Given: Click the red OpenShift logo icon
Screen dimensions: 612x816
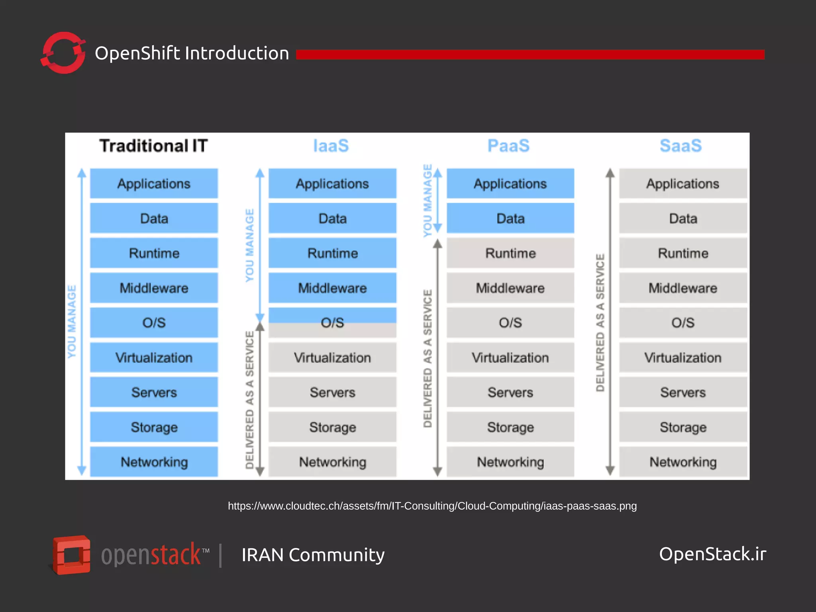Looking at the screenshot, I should (63, 53).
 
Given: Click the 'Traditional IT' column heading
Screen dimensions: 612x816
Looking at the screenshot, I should (153, 146).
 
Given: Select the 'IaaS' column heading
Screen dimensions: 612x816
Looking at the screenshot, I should (331, 146).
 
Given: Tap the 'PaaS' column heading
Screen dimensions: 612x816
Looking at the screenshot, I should (508, 146).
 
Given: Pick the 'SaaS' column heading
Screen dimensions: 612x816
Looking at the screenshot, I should (681, 146).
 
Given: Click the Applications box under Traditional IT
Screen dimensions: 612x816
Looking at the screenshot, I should (154, 184).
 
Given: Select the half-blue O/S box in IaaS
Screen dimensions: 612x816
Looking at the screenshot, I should (332, 323).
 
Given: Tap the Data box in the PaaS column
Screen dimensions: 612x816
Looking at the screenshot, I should (510, 218).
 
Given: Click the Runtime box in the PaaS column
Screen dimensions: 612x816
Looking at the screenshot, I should (510, 253).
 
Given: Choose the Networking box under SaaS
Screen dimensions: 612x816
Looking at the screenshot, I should (683, 462).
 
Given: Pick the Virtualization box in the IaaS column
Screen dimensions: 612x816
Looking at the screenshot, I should (332, 358).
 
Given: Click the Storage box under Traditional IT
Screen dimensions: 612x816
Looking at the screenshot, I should (154, 427).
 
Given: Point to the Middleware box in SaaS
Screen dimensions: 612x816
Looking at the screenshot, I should (683, 288).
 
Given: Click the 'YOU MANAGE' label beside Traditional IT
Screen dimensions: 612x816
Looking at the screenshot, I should (72, 322).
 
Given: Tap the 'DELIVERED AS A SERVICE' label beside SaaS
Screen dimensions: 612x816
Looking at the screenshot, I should (600, 323).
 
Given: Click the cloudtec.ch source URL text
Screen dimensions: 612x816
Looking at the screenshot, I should (432, 506).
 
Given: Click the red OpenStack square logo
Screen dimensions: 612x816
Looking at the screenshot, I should (72, 555).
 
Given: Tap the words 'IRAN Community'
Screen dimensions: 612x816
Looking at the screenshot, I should (313, 555).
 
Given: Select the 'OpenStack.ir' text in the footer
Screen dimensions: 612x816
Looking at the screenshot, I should (712, 554).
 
